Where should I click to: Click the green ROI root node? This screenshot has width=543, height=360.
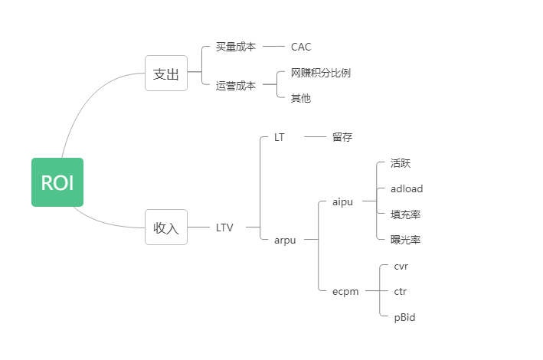(x=57, y=182)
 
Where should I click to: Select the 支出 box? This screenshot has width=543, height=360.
(x=166, y=74)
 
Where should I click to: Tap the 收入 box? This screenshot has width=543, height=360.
(x=166, y=227)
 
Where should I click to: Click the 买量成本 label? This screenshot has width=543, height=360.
(x=235, y=47)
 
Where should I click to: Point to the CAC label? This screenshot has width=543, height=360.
(x=301, y=47)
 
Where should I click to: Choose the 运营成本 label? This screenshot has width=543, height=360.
(x=235, y=85)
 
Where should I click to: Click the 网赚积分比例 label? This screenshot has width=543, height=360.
(x=321, y=73)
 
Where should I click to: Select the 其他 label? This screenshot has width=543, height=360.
(x=301, y=98)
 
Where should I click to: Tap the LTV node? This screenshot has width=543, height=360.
(x=224, y=227)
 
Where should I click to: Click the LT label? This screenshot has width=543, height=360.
(x=280, y=137)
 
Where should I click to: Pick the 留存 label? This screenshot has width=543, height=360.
(x=342, y=137)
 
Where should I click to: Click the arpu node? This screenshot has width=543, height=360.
(x=285, y=240)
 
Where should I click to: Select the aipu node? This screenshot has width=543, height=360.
(x=343, y=201)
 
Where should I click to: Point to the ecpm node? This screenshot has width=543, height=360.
(x=346, y=291)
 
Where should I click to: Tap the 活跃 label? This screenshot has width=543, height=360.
(x=401, y=163)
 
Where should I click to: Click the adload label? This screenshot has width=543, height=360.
(x=406, y=188)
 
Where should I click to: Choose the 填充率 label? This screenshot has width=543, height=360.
(x=405, y=214)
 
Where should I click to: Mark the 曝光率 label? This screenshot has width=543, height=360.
(x=405, y=240)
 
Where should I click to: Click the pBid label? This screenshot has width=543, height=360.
(x=404, y=317)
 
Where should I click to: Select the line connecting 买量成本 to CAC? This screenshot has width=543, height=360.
(x=273, y=47)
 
